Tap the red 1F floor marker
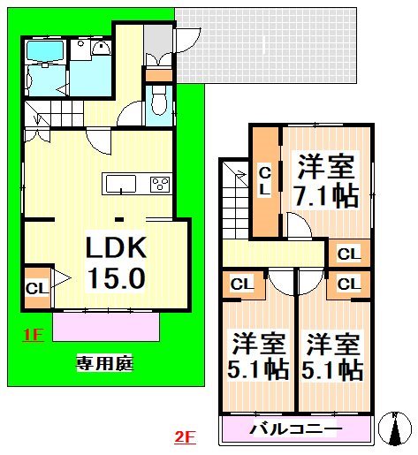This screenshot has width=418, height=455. [33, 335]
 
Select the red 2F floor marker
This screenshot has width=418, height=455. [185, 436]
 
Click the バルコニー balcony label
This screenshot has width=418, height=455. [295, 430]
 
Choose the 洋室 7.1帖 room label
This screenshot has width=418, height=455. [326, 180]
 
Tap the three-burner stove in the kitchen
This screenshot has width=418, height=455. [160, 184]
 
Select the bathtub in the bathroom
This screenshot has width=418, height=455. [44, 54]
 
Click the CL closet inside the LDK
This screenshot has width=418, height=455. [37, 288]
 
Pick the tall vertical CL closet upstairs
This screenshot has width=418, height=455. [264, 181]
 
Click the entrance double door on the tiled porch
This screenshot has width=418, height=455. [161, 60]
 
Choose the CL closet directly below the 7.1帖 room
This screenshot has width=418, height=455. [349, 254]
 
